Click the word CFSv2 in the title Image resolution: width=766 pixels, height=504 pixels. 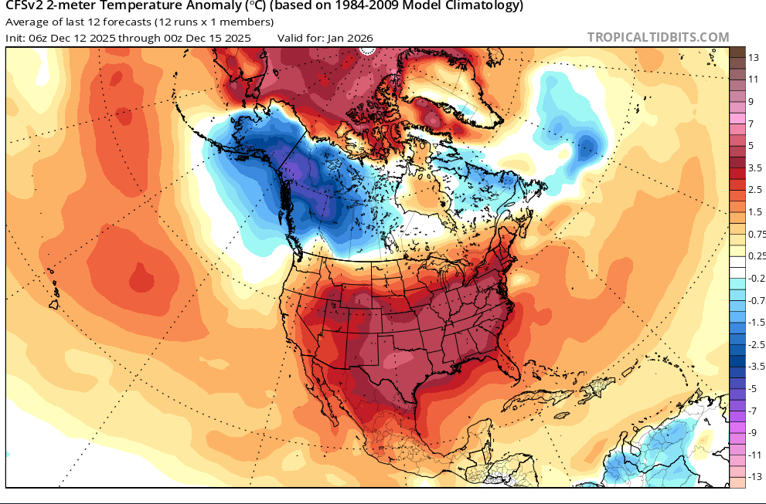click(24, 6)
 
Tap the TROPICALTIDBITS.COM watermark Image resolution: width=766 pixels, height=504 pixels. click(658, 37)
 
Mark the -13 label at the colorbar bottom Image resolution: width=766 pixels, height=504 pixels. click(747, 477)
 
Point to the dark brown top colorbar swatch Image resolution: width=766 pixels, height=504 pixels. click(737, 52)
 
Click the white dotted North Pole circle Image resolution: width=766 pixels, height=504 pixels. click(367, 51)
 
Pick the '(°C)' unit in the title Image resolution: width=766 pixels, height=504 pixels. click(257, 6)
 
